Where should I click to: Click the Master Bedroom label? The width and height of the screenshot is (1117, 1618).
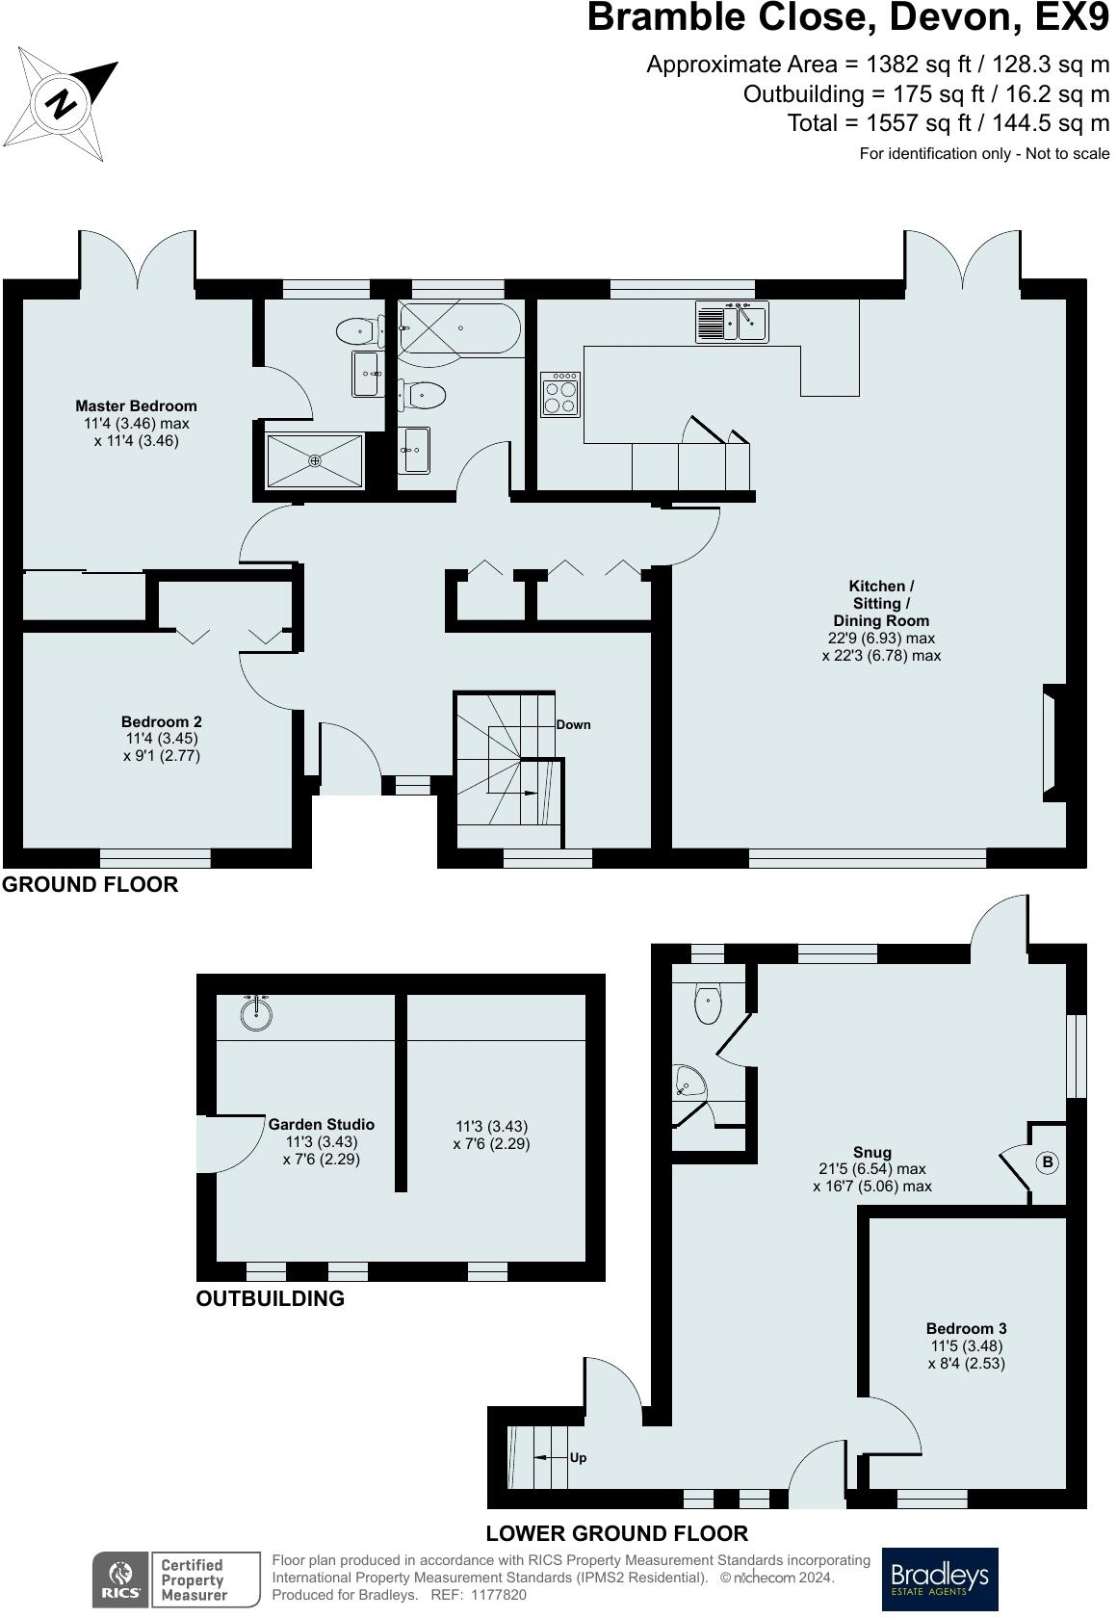tap(136, 406)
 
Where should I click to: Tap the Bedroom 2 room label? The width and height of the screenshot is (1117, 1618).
tap(161, 721)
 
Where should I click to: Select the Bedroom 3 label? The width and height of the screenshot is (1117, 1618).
tap(966, 1328)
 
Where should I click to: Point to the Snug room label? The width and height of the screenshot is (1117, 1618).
tap(872, 1153)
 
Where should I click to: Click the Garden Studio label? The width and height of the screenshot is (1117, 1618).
tap(322, 1125)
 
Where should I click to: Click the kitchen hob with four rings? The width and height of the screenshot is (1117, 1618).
tap(560, 395)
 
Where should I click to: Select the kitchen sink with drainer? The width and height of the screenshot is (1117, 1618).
tap(732, 322)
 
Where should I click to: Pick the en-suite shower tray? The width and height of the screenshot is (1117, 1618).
tap(315, 460)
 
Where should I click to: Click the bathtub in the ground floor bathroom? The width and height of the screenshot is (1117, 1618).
tap(459, 327)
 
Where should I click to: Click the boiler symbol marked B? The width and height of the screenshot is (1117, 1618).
tap(1047, 1162)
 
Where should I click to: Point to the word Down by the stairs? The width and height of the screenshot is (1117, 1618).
tap(573, 724)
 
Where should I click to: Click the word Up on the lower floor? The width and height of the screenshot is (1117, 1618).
tap(578, 1458)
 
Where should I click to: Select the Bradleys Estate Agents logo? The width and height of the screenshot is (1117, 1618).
tap(940, 1579)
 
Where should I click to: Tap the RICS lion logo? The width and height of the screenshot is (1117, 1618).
tap(120, 1579)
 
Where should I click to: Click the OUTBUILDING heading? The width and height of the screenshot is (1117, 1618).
tap(270, 1298)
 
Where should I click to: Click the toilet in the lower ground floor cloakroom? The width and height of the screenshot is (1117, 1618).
tap(708, 1004)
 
